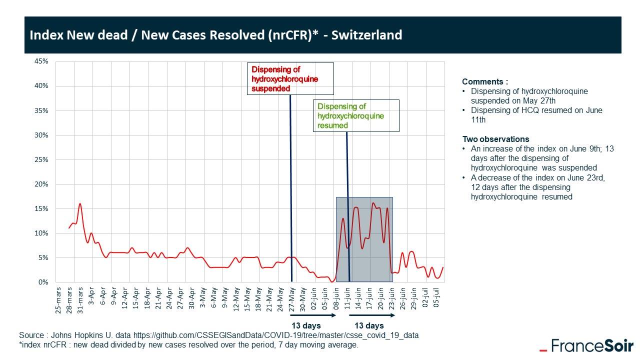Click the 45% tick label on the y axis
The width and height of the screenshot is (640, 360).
[x=41, y=61]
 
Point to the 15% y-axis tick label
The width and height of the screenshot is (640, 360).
[x=41, y=209]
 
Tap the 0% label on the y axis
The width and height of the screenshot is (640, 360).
[x=43, y=282]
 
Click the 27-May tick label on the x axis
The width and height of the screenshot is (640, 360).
[x=292, y=299]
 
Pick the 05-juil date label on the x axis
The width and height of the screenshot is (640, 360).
[x=436, y=299]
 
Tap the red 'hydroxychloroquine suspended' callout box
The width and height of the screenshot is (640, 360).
[x=290, y=79]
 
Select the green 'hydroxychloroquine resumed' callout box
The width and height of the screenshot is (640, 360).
[x=356, y=115]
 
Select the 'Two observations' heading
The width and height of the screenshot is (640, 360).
[x=495, y=139]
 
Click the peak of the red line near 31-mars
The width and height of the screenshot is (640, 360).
[x=79, y=203]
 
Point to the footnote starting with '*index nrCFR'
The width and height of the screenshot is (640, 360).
[x=188, y=345]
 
